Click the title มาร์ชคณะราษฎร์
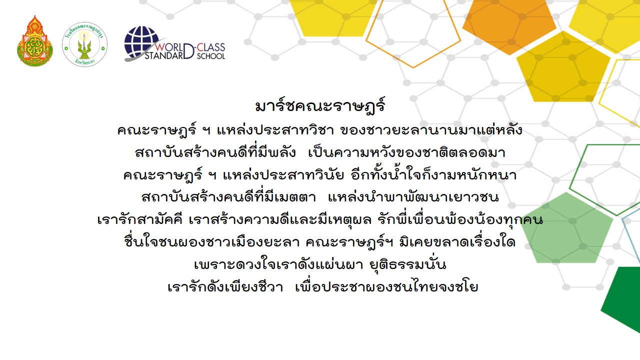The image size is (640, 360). pyautogui.click(x=320, y=106)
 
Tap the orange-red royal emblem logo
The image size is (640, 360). pyautogui.click(x=35, y=41)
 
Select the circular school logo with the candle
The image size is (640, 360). pyautogui.click(x=85, y=44)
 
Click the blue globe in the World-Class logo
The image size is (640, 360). pyautogui.click(x=141, y=42)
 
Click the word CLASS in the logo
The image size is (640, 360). pyautogui.click(x=211, y=47)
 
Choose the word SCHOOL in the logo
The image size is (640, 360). pyautogui.click(x=211, y=56)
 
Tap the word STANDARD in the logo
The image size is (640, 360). pyautogui.click(x=165, y=55)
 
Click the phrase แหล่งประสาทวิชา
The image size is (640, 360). pyautogui.click(x=275, y=130)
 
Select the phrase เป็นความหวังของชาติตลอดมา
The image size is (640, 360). pyautogui.click(x=407, y=152)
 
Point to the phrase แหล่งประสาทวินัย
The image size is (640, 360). pyautogui.click(x=283, y=175)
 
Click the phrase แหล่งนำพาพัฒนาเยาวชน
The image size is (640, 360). pyautogui.click(x=413, y=197)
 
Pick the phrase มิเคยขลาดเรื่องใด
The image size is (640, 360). pyautogui.click(x=457, y=242)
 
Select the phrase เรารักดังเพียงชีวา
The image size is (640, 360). pyautogui.click(x=225, y=286)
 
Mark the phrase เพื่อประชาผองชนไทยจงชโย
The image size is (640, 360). pyautogui.click(x=386, y=286)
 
